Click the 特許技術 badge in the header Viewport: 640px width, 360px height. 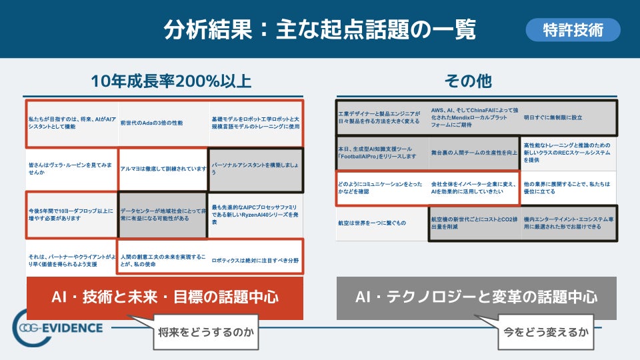pyautogui.click(x=573, y=30)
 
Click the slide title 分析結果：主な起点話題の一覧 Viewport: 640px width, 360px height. pyautogui.click(x=320, y=30)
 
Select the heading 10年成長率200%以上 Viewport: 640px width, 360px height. pyautogui.click(x=171, y=81)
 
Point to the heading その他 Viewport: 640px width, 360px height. pyautogui.click(x=468, y=81)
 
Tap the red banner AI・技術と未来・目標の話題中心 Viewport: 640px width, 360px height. pyautogui.click(x=165, y=297)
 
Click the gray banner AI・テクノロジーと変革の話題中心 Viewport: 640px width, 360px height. pyautogui.click(x=476, y=297)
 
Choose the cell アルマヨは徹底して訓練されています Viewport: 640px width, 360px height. pyautogui.click(x=163, y=169)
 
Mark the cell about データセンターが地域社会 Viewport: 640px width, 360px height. pyautogui.click(x=163, y=215)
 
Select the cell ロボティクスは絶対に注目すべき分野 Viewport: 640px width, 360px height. pyautogui.click(x=255, y=260)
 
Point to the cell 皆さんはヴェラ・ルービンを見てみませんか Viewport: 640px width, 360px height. pyautogui.click(x=71, y=169)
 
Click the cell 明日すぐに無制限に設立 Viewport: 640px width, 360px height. pyautogui.click(x=568, y=117)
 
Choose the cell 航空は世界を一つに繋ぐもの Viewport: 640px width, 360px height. pyautogui.click(x=381, y=223)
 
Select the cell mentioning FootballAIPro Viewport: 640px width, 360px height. pyautogui.click(x=381, y=152)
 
